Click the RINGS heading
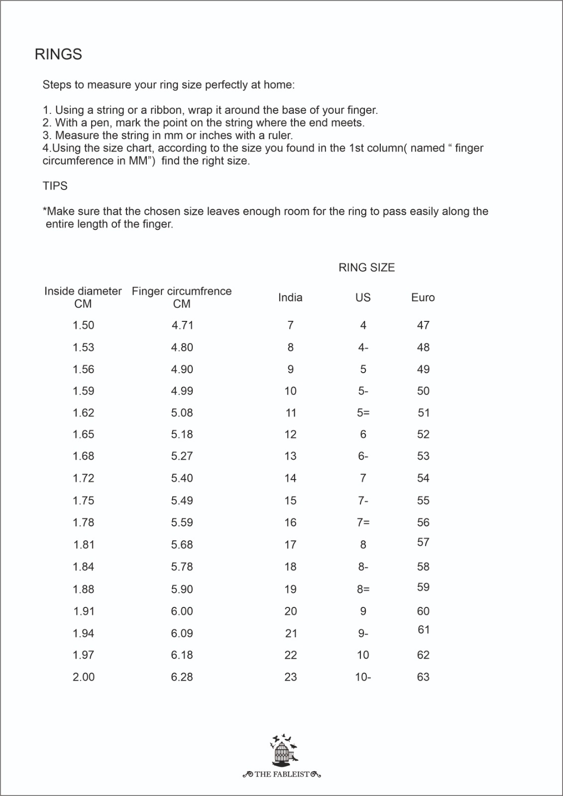58,54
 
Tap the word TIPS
55,186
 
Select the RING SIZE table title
366,268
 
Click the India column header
290,298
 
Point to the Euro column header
423,298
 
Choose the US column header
363,298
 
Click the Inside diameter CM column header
83,298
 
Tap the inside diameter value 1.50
83,325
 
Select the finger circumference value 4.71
182,325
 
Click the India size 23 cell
291,677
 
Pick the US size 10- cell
363,677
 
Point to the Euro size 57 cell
423,542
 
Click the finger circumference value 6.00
182,611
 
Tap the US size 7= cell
363,523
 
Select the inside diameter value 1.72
83,479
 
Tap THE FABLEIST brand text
282,775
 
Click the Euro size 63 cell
423,677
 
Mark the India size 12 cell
291,435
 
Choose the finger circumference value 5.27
182,456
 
